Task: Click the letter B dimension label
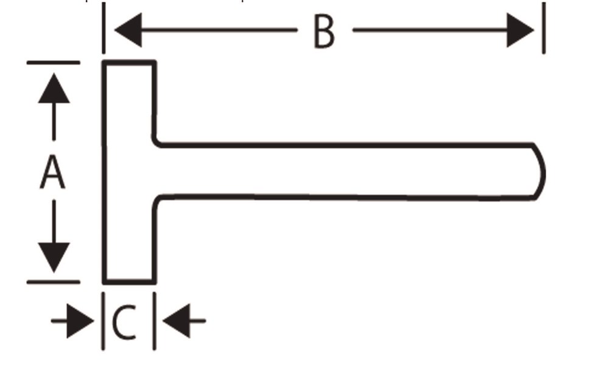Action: pos(324,32)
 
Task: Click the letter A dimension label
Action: pos(52,171)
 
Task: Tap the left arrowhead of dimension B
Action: pos(128,30)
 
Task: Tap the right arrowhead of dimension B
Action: pos(521,30)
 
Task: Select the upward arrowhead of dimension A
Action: pos(54,88)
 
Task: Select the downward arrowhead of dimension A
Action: pos(54,257)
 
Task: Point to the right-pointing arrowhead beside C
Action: pos(80,321)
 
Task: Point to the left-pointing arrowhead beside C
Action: pos(177,321)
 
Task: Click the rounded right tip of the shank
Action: pos(542,172)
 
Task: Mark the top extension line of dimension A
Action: pos(53,62)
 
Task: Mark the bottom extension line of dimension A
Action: pos(53,282)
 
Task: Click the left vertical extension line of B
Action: pos(104,27)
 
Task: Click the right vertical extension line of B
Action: pos(544,27)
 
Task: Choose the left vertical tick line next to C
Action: pos(103,321)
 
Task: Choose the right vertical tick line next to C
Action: pos(154,321)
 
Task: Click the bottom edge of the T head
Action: pos(129,282)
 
